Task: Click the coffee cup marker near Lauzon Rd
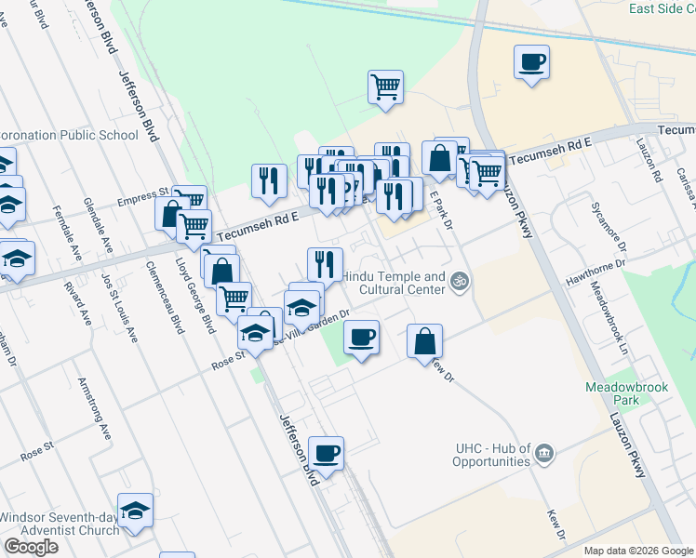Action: pyautogui.click(x=531, y=63)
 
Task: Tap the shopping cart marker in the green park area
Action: pyautogui.click(x=385, y=88)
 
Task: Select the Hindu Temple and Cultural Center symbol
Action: pyautogui.click(x=458, y=280)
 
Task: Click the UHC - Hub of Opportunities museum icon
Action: pyautogui.click(x=544, y=454)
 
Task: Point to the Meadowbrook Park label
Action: pyautogui.click(x=614, y=392)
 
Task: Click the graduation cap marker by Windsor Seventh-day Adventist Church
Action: pyautogui.click(x=135, y=511)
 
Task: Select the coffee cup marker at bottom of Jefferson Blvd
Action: pyautogui.click(x=326, y=455)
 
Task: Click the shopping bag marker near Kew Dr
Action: pyautogui.click(x=424, y=340)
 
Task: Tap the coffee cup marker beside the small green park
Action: pyautogui.click(x=362, y=337)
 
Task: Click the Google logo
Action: pyautogui.click(x=31, y=547)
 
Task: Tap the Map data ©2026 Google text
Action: pyautogui.click(x=638, y=551)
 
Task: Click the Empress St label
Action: pyautogui.click(x=139, y=201)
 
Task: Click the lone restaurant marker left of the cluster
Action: pyautogui.click(x=269, y=181)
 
